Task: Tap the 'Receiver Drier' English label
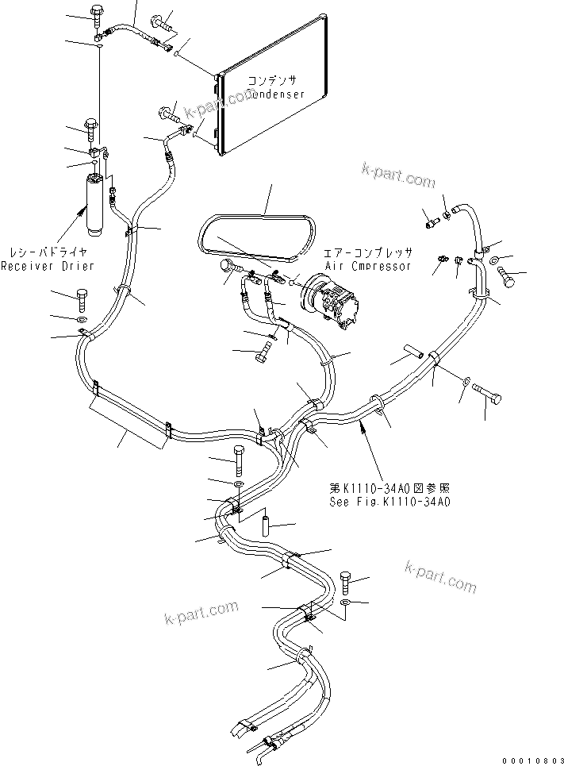tap(47, 265)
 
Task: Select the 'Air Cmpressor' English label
tap(368, 266)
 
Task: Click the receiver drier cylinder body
tap(94, 205)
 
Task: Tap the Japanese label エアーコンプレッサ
tap(368, 252)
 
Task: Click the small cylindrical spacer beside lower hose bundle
tap(267, 526)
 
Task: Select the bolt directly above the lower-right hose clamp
tap(347, 583)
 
